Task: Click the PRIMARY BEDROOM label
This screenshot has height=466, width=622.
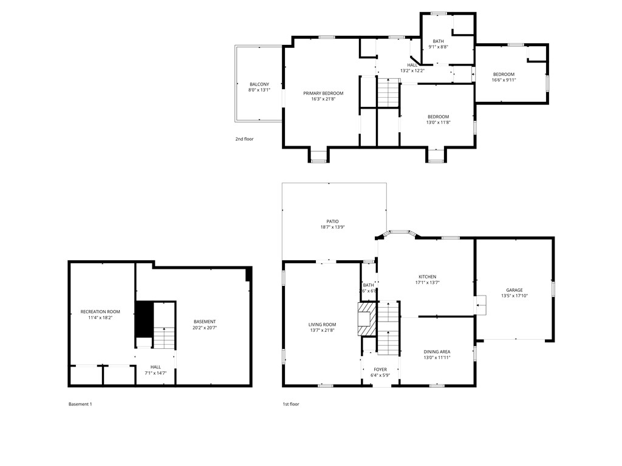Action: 323,93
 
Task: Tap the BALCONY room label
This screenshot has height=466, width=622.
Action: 259,84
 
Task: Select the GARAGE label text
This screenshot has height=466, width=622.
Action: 514,290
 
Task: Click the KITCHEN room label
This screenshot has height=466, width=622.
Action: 427,277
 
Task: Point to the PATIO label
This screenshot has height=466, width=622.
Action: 332,221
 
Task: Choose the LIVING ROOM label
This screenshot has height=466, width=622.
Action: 322,325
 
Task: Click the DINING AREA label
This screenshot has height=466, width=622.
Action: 437,351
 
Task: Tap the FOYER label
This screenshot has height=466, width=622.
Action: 380,369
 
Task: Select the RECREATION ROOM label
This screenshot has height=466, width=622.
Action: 100,312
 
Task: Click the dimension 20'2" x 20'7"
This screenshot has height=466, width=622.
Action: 205,328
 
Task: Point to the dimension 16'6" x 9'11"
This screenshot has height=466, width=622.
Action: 504,79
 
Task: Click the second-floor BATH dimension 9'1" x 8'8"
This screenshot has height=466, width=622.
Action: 438,47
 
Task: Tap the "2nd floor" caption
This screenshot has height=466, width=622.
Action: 244,139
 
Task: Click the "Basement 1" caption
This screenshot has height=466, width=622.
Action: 80,404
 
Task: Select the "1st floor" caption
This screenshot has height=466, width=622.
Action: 291,404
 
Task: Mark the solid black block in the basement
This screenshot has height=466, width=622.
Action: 143,319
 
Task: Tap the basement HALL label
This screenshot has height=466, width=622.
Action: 156,366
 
